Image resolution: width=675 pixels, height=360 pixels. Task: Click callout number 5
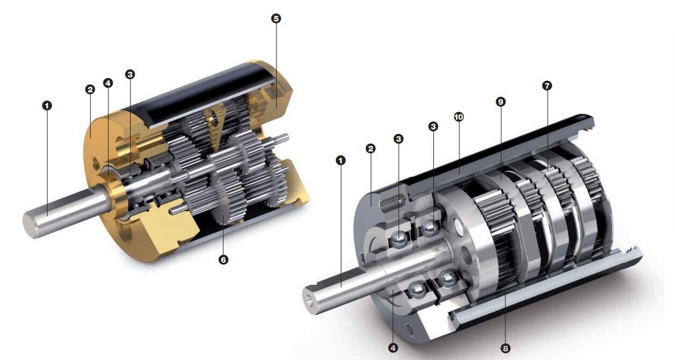point(275,18)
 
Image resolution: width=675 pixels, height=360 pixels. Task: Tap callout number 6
point(223,260)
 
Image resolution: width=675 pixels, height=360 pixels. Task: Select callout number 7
point(547,86)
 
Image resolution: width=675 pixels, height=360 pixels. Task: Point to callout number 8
point(505,349)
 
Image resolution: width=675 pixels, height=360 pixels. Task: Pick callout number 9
point(500,102)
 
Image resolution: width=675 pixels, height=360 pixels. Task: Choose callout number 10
point(459,117)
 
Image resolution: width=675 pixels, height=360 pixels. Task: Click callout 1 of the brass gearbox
point(47,105)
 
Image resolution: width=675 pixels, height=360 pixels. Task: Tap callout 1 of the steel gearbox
point(340,161)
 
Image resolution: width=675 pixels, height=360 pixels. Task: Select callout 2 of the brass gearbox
point(90,89)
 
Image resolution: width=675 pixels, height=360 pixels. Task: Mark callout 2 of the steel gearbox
point(371,148)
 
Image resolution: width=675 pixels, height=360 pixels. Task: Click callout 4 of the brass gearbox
point(108,83)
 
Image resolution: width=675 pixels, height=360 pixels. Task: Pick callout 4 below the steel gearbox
point(393,348)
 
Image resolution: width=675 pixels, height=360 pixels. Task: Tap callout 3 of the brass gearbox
point(130,74)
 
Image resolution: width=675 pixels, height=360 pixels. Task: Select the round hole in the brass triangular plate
point(215,117)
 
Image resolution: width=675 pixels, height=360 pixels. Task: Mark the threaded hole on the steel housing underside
point(410,329)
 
